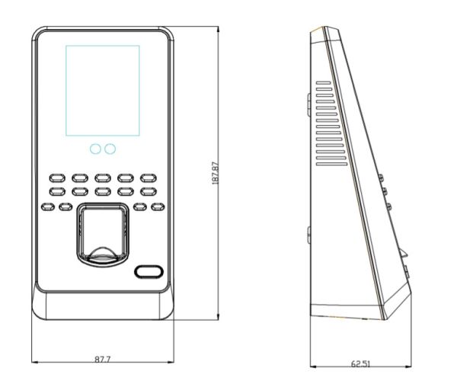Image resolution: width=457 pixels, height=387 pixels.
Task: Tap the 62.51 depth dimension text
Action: [x=360, y=364]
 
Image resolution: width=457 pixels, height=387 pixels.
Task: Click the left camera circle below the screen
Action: [x=95, y=149]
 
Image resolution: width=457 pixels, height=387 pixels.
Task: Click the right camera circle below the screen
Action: [x=110, y=149]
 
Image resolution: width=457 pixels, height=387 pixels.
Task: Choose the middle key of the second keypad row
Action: [x=103, y=190]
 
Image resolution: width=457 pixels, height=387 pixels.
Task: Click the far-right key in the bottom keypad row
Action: [x=158, y=205]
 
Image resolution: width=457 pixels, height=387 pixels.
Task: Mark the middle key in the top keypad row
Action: [x=103, y=177]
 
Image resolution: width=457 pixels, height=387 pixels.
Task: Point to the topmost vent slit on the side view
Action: [x=323, y=82]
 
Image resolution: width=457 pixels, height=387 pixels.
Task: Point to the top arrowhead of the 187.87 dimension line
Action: [x=219, y=26]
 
